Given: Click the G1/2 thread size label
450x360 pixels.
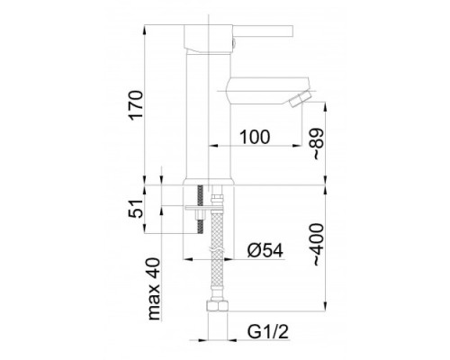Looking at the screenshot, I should pyautogui.click(x=267, y=332).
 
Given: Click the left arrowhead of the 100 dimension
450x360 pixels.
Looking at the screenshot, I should pyautogui.click(x=212, y=146).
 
